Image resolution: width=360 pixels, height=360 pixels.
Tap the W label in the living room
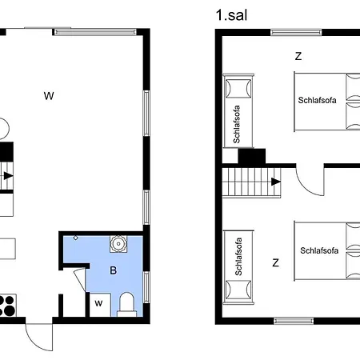(49, 96)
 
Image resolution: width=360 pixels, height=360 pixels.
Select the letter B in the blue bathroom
(114, 270)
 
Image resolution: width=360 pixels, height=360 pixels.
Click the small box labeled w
(98, 303)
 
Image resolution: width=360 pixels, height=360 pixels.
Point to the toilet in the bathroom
(126, 303)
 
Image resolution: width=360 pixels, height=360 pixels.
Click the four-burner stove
(7, 305)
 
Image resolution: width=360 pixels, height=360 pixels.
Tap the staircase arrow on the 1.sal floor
(275, 182)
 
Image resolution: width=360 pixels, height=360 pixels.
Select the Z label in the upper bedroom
(298, 56)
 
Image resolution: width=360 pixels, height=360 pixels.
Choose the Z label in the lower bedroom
(275, 262)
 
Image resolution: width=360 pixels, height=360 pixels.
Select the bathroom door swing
(78, 280)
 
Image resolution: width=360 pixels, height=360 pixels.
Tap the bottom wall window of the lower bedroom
(294, 322)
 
